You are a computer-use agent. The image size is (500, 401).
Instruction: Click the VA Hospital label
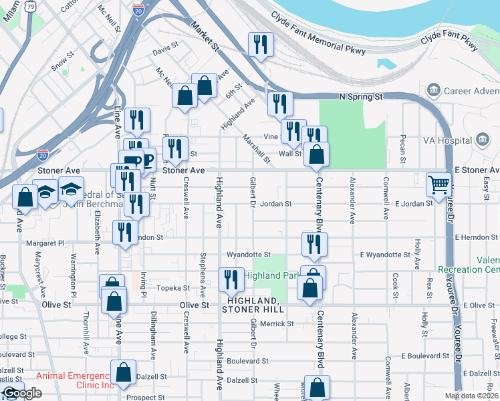point(447,140)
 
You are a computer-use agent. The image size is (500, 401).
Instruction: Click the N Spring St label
point(360,96)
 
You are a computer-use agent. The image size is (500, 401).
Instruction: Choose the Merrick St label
point(277,323)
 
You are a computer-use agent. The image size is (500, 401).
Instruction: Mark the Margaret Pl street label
point(45,244)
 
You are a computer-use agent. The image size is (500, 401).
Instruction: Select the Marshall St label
point(257,149)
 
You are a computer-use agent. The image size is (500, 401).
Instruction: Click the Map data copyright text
point(471,396)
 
